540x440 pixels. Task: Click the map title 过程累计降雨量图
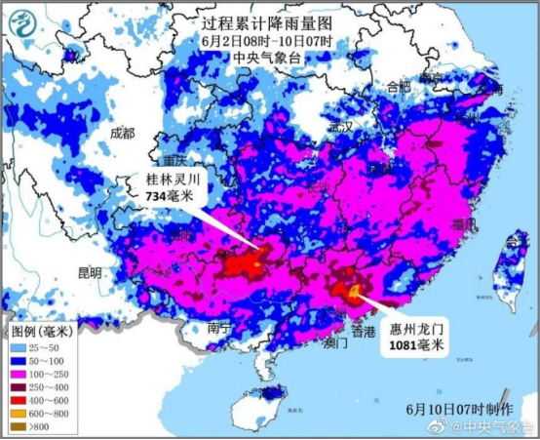pyautogui.click(x=269, y=21)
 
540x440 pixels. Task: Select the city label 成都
pyautogui.click(x=123, y=133)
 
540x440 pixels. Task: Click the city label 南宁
pyautogui.click(x=219, y=329)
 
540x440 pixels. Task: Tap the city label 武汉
pyautogui.click(x=340, y=127)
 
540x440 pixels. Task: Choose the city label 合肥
pyautogui.click(x=399, y=87)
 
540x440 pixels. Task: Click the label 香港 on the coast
pyautogui.click(x=363, y=333)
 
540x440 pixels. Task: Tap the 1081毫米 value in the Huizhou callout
pyautogui.click(x=416, y=345)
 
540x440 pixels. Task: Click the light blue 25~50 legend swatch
pyautogui.click(x=19, y=347)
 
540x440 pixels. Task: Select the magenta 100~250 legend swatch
pyautogui.click(x=19, y=375)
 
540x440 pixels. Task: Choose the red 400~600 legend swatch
pyautogui.click(x=19, y=400)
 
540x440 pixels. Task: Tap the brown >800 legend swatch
pyautogui.click(x=19, y=426)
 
